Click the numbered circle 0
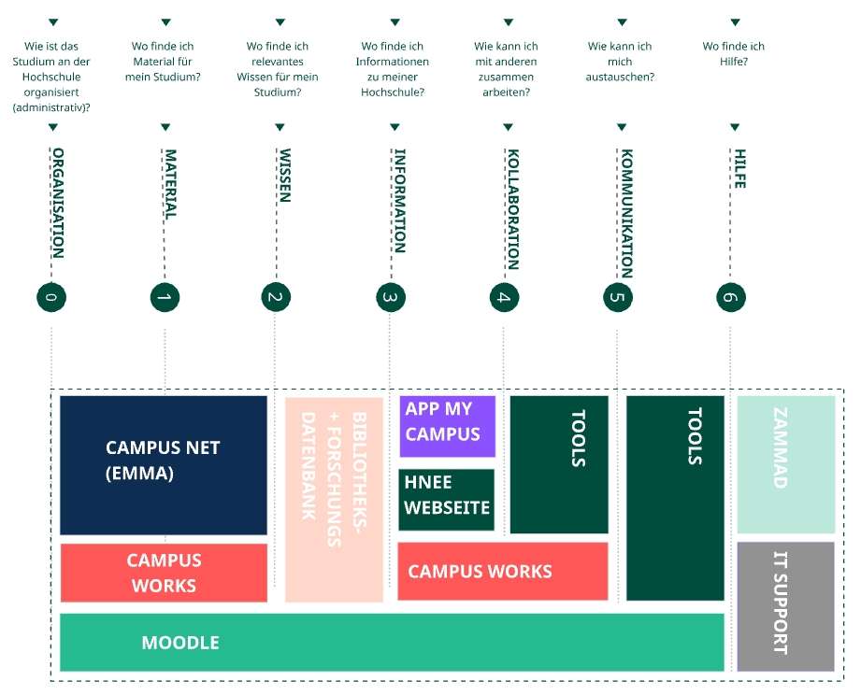coord(51,297)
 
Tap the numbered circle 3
coord(390,297)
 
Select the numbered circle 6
coord(730,297)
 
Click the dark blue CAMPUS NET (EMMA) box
coord(163,464)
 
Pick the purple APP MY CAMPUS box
coord(447,426)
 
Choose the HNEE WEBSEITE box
coord(446,499)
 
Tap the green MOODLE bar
coord(392,642)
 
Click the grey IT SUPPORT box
coord(784,605)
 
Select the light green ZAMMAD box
coord(785,463)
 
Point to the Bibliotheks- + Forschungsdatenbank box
coord(334,499)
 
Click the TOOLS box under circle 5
coord(675,497)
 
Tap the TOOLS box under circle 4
coord(559,463)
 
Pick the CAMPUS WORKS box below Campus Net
coord(163,573)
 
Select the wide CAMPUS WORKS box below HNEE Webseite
coord(502,571)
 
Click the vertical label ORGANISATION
coord(58,202)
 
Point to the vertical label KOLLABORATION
coord(511,208)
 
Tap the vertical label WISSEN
coord(284,175)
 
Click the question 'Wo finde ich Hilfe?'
coord(733,54)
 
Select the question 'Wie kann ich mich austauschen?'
coord(620,62)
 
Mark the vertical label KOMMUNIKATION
coord(626,213)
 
